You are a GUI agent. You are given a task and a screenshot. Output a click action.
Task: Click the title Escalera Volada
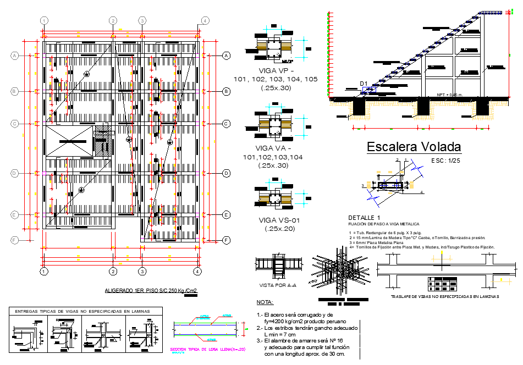[414, 147]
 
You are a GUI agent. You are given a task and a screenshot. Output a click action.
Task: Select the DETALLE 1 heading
[364, 218]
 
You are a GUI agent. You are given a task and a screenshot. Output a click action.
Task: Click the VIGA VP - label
[276, 71]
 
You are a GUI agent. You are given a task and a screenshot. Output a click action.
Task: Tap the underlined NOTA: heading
[265, 302]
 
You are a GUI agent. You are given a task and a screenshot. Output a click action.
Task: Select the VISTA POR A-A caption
[278, 285]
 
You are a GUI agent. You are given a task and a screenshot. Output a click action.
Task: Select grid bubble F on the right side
[226, 240]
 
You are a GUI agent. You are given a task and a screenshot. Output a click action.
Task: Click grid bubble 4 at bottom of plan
[197, 271]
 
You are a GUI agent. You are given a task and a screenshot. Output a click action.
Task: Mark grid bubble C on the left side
[15, 124]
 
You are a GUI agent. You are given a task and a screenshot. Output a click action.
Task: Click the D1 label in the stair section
[363, 84]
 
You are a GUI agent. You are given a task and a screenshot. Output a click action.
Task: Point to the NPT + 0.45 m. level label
[450, 95]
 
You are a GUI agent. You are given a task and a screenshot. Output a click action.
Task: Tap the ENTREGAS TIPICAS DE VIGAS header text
[81, 311]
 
